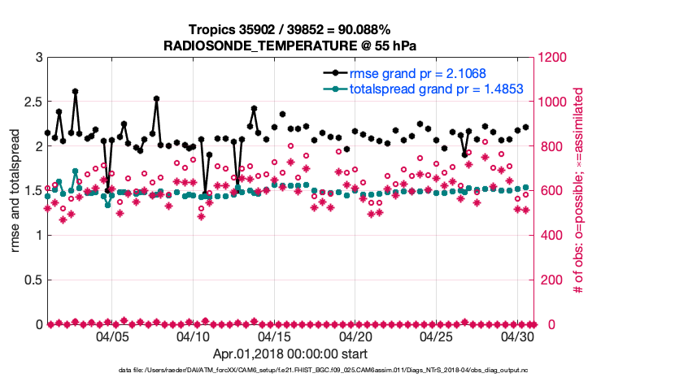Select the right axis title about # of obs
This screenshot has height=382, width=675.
(579, 191)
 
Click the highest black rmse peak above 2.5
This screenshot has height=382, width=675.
(75, 92)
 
